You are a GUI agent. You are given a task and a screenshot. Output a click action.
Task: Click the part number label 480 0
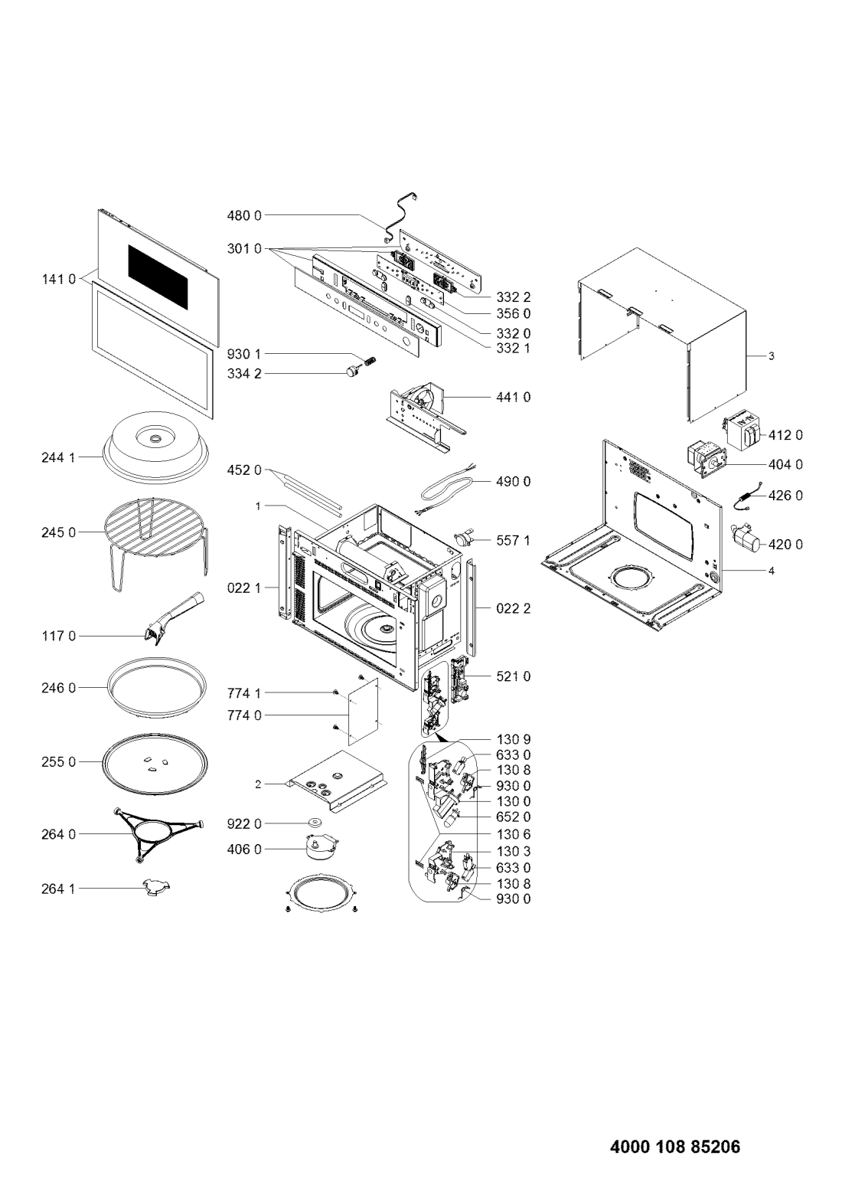pos(244,216)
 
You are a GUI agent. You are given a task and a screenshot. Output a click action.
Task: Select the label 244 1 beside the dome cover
pos(58,457)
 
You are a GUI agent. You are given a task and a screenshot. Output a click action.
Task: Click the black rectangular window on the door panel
pos(158,277)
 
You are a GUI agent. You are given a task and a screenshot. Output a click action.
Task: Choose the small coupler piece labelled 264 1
pos(158,889)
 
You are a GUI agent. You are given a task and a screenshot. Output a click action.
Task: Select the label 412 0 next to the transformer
pos(785,435)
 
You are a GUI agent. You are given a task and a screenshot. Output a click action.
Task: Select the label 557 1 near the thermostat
pos(513,541)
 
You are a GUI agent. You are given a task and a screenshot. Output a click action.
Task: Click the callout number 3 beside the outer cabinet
pos(771,356)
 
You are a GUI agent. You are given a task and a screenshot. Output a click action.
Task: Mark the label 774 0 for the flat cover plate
pos(244,715)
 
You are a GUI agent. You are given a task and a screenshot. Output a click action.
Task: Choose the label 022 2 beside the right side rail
pos(513,609)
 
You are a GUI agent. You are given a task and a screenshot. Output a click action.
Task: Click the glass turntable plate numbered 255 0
pos(155,762)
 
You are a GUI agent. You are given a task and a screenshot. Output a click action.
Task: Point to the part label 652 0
pos(513,817)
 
